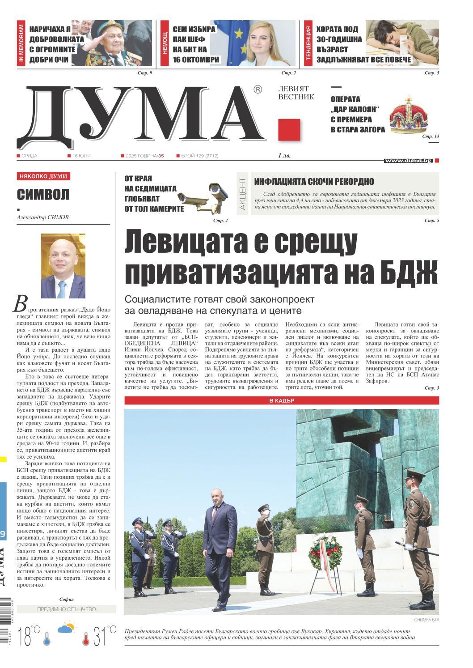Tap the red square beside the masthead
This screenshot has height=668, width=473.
tap(289, 130)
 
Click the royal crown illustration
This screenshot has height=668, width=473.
tap(408, 115)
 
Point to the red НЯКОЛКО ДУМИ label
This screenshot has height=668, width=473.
tap(43, 177)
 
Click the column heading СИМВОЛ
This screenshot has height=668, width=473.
tap(43, 195)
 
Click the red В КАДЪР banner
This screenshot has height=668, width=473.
tap(281, 400)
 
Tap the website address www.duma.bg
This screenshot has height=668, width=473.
tap(408, 160)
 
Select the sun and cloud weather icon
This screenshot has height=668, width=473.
tap(66, 628)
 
